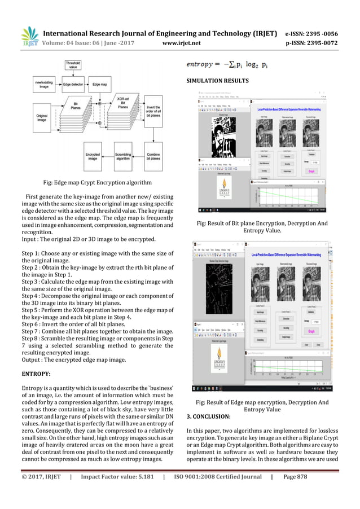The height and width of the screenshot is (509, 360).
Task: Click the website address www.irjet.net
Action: [x=179, y=41]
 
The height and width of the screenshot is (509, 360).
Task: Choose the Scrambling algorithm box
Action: [x=123, y=157]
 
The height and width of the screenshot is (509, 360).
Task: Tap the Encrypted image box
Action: [x=93, y=157]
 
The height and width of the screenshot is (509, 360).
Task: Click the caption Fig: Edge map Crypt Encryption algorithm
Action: [x=93, y=183]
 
